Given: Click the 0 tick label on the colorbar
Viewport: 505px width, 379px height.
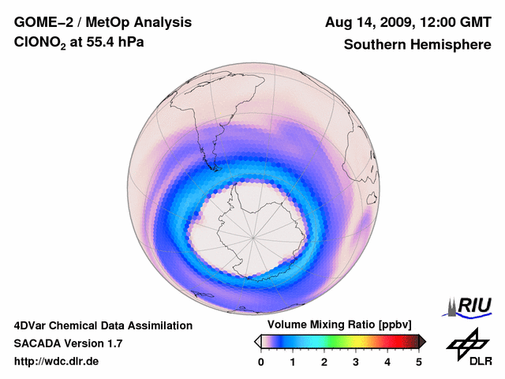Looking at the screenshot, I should pyautogui.click(x=261, y=362).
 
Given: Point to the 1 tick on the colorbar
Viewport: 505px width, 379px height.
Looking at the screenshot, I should pyautogui.click(x=293, y=362).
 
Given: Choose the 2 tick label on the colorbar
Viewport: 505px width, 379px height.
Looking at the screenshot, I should pyautogui.click(x=324, y=362).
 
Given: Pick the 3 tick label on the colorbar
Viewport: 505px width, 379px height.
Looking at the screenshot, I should pyautogui.click(x=356, y=362).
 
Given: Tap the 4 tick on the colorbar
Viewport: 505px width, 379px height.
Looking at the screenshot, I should pyautogui.click(x=387, y=362).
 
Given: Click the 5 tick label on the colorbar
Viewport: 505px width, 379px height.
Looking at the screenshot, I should pyautogui.click(x=419, y=362).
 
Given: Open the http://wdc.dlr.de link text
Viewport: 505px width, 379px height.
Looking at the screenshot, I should pyautogui.click(x=57, y=362).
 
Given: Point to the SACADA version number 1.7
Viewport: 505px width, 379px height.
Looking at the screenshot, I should pyautogui.click(x=113, y=343).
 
